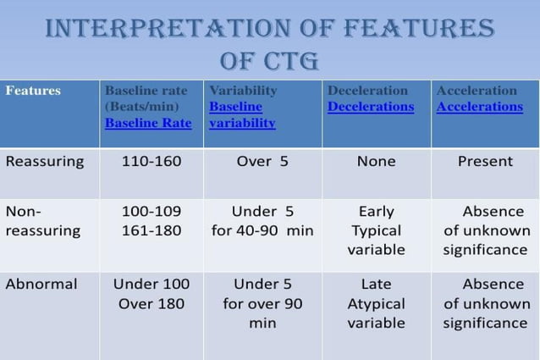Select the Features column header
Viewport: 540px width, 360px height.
click(33, 91)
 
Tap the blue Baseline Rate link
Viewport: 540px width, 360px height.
click(148, 123)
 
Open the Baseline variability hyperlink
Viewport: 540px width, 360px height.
click(242, 115)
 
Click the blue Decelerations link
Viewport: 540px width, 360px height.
click(371, 107)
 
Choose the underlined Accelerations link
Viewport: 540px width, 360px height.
click(480, 107)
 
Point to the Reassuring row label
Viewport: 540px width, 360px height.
click(45, 161)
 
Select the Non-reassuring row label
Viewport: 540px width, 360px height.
click(42, 221)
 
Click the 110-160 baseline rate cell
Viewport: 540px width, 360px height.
click(152, 161)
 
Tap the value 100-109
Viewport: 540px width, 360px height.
click(152, 211)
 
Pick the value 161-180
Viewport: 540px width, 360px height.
click(152, 230)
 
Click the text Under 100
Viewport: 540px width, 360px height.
click(152, 284)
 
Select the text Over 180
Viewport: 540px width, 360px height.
click(152, 303)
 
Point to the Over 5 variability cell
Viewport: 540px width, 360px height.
click(262, 161)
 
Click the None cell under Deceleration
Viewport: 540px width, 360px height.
click(376, 161)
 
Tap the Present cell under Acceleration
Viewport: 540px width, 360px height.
click(485, 161)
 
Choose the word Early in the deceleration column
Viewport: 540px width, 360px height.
click(376, 211)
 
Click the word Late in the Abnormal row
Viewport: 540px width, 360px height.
click(376, 284)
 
